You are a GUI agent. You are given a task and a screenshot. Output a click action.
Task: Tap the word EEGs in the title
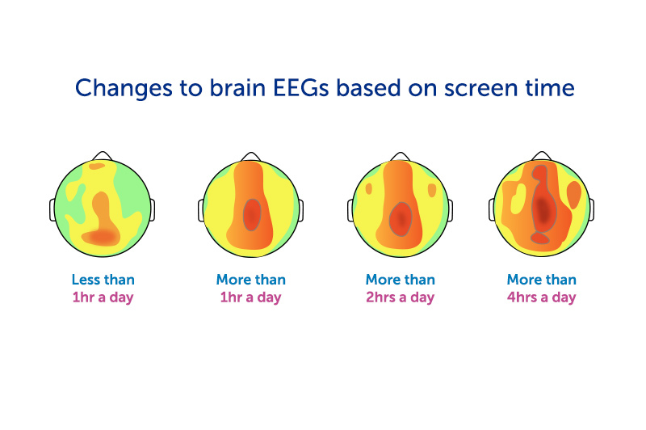point(304,88)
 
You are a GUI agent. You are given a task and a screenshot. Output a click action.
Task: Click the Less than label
point(103,280)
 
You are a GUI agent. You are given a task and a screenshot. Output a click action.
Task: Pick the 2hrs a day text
point(401,297)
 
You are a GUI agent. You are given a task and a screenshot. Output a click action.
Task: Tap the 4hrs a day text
point(541,297)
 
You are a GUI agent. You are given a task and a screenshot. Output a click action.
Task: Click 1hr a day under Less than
point(103,297)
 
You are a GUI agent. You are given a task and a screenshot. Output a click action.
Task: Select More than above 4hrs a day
point(541,280)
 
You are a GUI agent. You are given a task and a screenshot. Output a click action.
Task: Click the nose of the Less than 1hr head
point(101,155)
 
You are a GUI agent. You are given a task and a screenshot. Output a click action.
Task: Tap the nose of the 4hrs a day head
point(542,155)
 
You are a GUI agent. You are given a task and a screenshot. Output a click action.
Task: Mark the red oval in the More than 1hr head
point(252,213)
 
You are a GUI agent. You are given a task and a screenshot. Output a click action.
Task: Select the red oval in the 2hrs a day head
point(401,219)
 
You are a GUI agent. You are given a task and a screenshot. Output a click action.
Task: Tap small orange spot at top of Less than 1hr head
point(97,167)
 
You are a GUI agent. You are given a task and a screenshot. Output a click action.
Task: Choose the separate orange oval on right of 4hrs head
point(574,194)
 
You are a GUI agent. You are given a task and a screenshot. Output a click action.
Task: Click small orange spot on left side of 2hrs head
point(369,189)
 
